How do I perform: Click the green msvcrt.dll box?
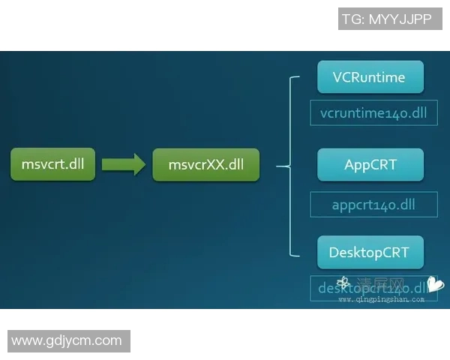pos(52,164)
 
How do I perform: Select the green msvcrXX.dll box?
pos(205,164)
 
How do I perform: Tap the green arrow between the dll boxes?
pos(123,164)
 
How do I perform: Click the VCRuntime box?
pos(370,77)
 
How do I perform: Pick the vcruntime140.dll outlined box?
pos(373,113)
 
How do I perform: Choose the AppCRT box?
pos(370,164)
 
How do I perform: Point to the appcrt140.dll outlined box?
pos(373,204)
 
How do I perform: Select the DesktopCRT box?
pos(370,252)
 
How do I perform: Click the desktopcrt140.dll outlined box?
pos(373,288)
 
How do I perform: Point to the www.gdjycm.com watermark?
pos(67,341)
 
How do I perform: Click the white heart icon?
pos(436,285)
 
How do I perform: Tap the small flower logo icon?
pos(343,283)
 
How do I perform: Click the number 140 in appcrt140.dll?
pos(391,204)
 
